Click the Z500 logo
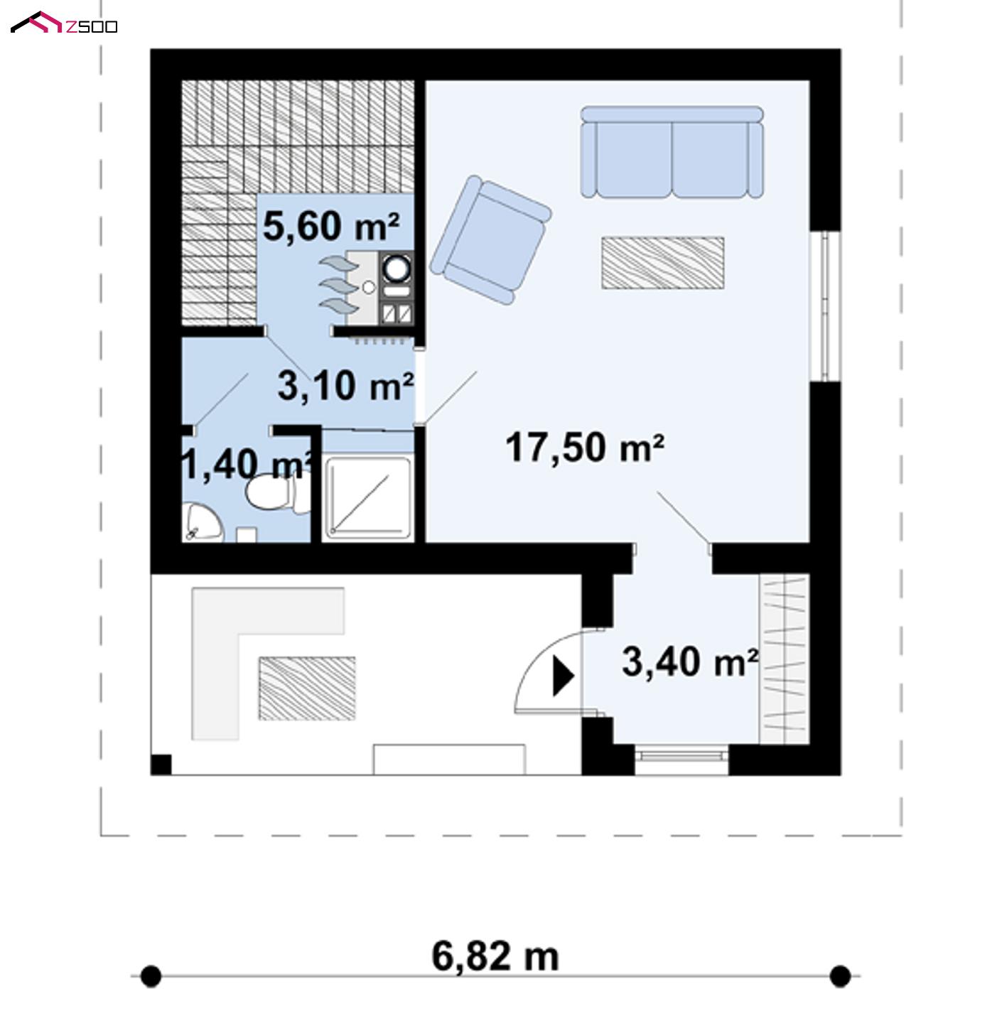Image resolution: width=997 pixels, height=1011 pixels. (x=63, y=23)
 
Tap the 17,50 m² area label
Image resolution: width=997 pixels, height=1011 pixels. (x=585, y=448)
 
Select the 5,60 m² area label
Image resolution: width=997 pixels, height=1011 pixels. (x=330, y=226)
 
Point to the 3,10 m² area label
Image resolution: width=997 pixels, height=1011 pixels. (x=345, y=386)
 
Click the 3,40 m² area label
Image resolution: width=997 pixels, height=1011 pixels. (x=690, y=662)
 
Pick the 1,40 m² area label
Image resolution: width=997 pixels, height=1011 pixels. (x=247, y=465)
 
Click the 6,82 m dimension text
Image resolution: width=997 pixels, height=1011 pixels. (x=495, y=956)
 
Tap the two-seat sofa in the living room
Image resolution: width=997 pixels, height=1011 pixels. (x=672, y=152)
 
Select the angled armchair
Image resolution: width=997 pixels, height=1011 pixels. (x=491, y=239)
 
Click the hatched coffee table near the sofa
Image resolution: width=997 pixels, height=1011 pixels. (x=662, y=263)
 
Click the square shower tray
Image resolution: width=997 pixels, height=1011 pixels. (x=368, y=498)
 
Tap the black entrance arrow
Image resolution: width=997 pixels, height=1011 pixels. (x=564, y=676)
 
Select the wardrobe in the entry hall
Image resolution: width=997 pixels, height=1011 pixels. (x=784, y=659)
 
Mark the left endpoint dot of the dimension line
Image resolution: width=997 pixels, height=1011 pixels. (x=151, y=976)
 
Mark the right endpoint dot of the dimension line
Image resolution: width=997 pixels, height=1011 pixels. (x=840, y=976)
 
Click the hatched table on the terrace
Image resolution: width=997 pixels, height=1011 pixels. (x=306, y=688)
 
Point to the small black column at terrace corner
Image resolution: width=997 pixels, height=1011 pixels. (x=161, y=764)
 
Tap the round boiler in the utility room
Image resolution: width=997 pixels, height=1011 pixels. (x=397, y=268)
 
